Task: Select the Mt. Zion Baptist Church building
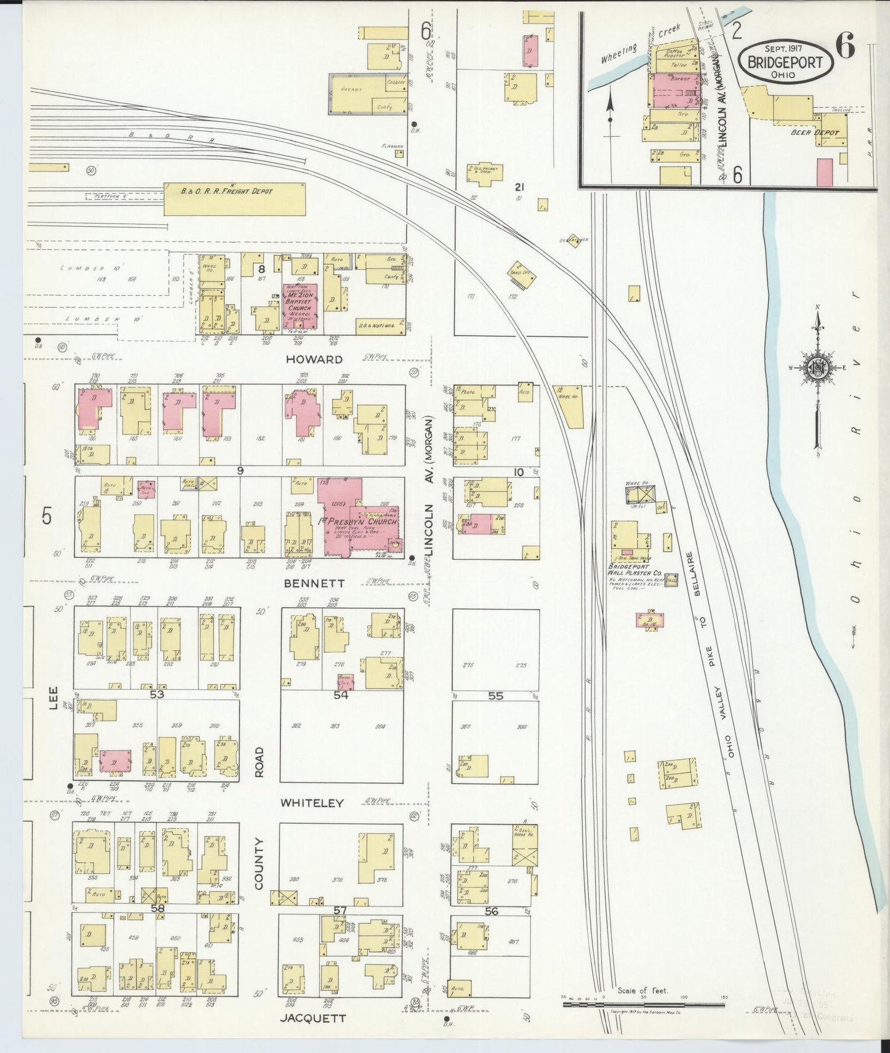(301, 306)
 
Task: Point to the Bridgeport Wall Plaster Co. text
(634, 570)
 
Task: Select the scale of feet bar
(643, 1004)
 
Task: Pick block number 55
(495, 696)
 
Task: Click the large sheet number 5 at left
(47, 516)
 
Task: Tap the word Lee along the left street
(54, 699)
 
